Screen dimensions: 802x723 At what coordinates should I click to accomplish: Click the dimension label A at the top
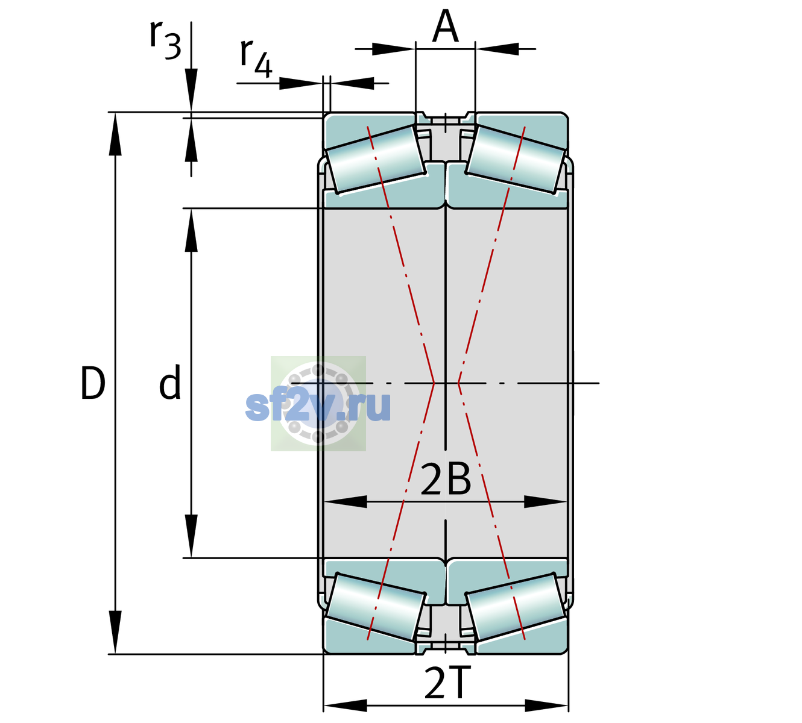coord(446,26)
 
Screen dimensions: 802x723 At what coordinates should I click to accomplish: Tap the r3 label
coord(165,40)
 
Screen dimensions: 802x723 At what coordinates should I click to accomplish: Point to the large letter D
coord(93,383)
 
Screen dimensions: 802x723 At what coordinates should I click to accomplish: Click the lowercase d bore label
coord(170,382)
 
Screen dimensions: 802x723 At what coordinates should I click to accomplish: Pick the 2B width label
coord(446,480)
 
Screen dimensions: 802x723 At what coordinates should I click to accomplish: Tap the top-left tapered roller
coord(376,160)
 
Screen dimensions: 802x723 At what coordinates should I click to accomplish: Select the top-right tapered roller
coord(516,160)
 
